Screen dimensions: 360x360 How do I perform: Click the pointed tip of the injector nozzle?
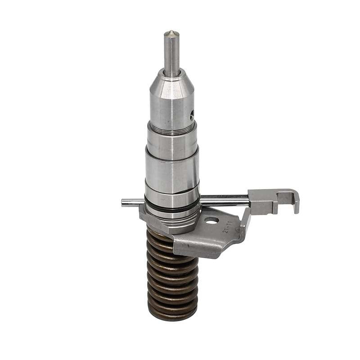171,32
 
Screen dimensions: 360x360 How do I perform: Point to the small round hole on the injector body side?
192,116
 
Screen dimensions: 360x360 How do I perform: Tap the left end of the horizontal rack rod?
124,202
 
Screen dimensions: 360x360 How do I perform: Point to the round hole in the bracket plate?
211,220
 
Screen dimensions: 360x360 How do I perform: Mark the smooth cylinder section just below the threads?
172,144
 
